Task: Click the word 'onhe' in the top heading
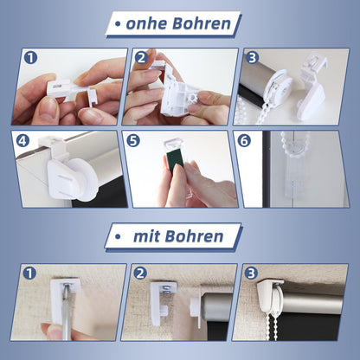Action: [146, 23]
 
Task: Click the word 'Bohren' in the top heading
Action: [202, 23]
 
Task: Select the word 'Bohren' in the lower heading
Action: [194, 236]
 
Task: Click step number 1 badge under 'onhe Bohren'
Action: [30, 57]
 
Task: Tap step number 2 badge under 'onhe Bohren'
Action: [141, 58]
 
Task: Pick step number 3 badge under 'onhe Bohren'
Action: [252, 58]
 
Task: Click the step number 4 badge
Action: [23, 141]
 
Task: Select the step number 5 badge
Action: [133, 141]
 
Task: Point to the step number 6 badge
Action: [244, 141]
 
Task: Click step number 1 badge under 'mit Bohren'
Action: [29, 273]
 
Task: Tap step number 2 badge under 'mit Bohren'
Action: [140, 273]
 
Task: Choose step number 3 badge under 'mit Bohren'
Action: [251, 273]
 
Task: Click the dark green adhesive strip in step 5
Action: [175, 163]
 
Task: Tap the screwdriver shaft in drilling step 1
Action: [67, 312]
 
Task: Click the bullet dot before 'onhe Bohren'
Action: [118, 24]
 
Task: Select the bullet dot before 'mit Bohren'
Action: [118, 237]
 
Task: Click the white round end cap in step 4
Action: [84, 179]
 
